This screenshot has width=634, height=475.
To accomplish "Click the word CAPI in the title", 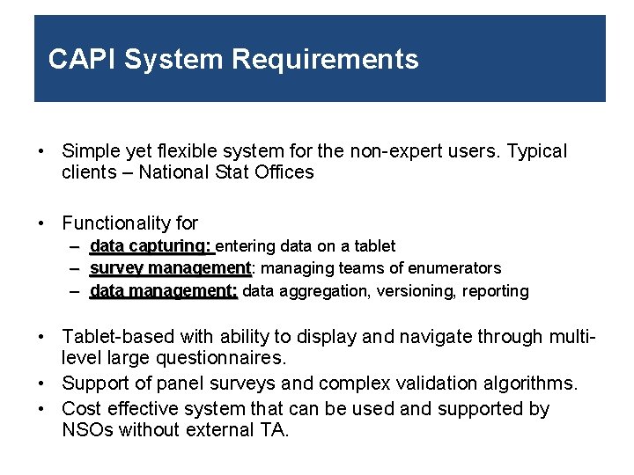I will coord(82,60).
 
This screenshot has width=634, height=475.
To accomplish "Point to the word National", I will coord(174,172).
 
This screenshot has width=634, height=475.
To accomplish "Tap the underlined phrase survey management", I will coord(170,268).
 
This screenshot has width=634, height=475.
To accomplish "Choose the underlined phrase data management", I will coord(163,291).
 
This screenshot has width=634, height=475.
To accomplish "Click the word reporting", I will coord(496,291).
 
